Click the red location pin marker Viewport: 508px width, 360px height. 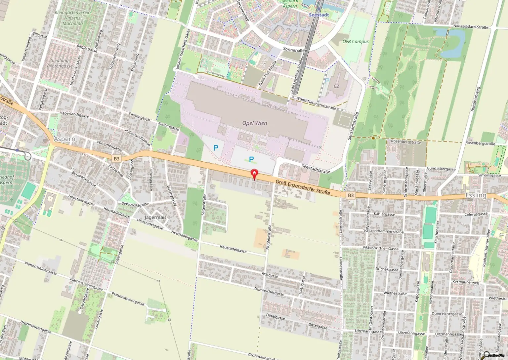[x=254, y=174]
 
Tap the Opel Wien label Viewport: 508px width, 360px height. [x=254, y=123]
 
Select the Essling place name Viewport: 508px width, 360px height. [x=476, y=195]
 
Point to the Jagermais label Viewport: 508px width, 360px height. [x=155, y=218]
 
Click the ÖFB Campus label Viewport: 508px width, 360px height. [x=355, y=42]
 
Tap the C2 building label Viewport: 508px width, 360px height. [x=336, y=86]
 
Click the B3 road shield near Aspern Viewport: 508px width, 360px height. [x=116, y=159]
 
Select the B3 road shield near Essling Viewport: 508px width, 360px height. [x=351, y=195]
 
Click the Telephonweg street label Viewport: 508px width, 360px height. [x=475, y=99]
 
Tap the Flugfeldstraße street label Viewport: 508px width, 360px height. [x=269, y=237]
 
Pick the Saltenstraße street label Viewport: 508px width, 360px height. [x=204, y=205]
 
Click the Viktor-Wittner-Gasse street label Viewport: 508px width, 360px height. [x=380, y=248]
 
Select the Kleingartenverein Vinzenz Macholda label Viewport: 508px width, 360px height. [x=73, y=18]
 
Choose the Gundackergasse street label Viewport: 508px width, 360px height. [x=441, y=169]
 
